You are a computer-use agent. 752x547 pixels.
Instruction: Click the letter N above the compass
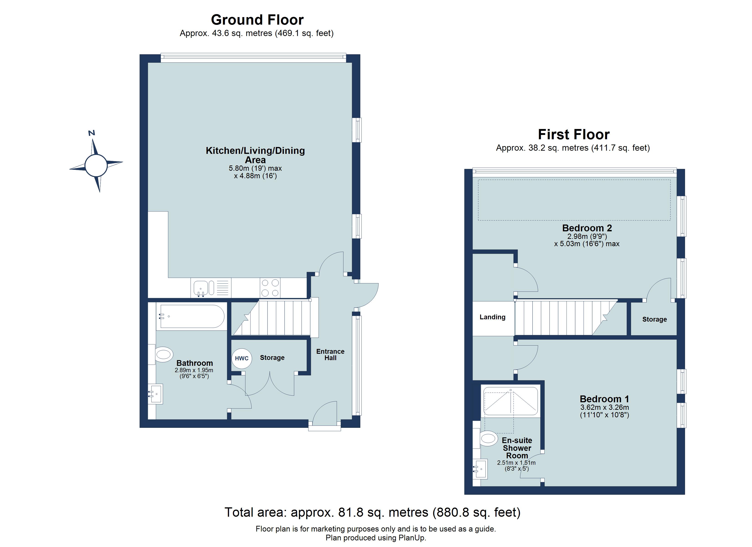(x=92, y=133)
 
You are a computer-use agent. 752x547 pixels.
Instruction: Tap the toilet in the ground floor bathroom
(x=163, y=355)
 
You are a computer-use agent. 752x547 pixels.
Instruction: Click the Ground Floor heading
(x=257, y=20)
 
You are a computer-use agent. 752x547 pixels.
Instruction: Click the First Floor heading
(x=573, y=134)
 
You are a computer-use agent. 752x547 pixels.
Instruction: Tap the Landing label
(x=492, y=317)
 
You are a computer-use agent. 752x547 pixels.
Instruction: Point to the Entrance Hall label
(x=330, y=355)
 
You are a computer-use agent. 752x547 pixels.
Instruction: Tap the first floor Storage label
(x=654, y=320)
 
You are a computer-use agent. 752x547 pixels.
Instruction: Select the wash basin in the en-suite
(x=480, y=469)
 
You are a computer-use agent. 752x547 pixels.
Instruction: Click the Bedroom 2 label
(x=587, y=228)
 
